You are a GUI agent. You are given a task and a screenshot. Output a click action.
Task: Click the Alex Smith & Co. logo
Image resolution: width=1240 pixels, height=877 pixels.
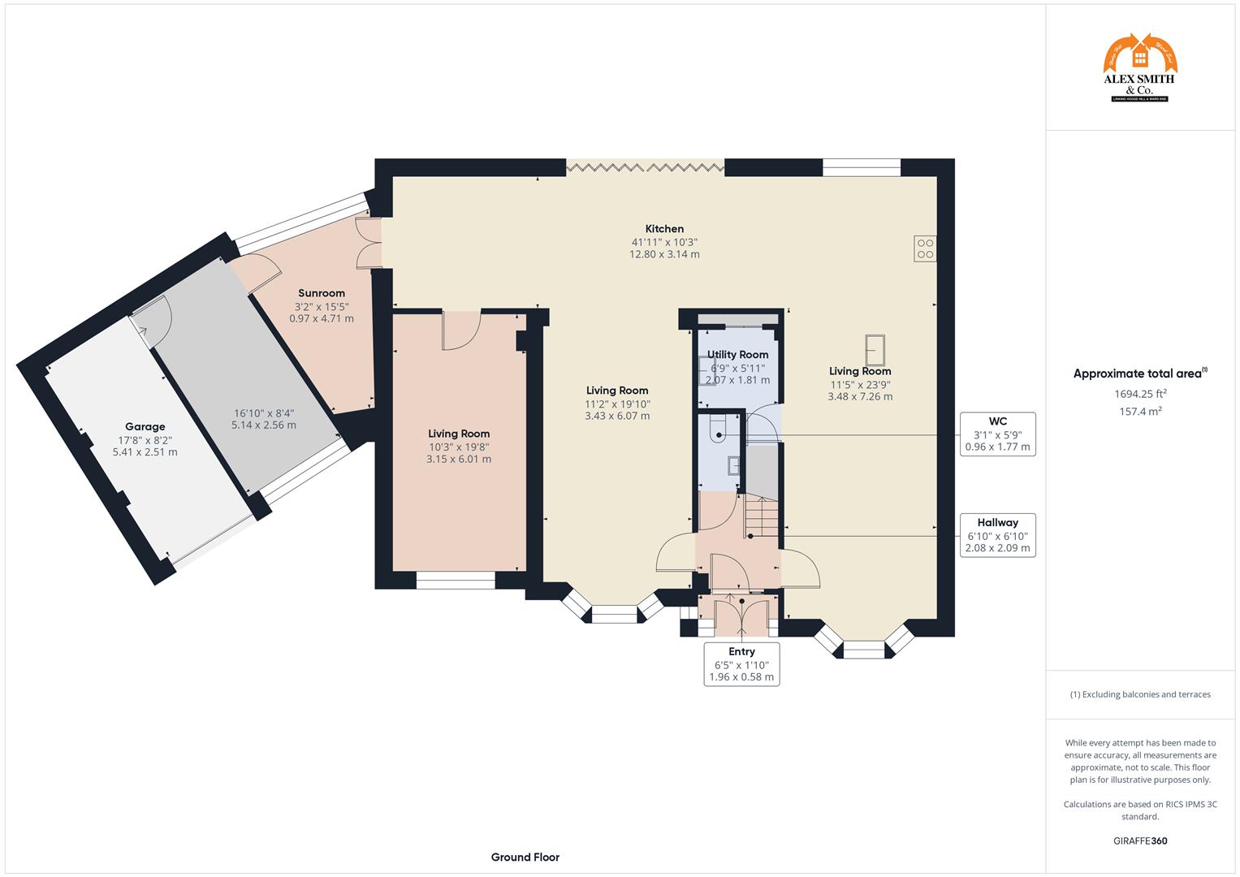(1139, 68)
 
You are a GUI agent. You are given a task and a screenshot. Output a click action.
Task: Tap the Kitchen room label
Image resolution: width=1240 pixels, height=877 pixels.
(664, 229)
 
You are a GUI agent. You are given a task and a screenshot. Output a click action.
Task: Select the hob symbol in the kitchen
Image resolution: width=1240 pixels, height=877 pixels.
(925, 248)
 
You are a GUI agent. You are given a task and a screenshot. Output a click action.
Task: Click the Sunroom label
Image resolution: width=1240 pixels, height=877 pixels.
(322, 293)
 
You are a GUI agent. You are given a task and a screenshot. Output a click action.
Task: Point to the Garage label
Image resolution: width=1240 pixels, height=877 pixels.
(145, 426)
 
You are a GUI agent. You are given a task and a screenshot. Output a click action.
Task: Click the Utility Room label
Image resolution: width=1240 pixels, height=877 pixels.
(737, 355)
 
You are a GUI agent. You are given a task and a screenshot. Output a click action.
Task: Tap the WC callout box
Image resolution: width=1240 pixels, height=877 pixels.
(997, 434)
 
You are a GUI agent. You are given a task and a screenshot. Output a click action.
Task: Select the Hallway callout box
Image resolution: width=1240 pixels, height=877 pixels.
(997, 535)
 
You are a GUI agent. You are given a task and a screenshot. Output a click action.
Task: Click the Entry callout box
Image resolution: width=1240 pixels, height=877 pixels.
(741, 663)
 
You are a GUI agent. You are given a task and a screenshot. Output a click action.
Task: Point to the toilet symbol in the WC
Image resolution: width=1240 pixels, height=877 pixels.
(718, 430)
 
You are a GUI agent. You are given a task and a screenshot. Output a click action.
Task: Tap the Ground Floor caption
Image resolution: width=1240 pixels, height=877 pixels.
(525, 857)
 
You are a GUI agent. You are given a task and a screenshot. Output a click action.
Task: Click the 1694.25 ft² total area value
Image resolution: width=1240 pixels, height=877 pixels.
(1140, 394)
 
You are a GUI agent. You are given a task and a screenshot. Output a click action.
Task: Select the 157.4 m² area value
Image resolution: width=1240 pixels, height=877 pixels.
(1140, 412)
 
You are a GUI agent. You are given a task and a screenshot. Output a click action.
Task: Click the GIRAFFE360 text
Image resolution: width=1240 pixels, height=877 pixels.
(1140, 841)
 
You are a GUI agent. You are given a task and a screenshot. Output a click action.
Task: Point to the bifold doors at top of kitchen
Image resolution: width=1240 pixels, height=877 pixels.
(645, 167)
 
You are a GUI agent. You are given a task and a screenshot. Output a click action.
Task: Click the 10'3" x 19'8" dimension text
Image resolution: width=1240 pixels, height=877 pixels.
(459, 447)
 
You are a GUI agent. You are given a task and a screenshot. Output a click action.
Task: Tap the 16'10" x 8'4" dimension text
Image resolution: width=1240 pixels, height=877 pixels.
(263, 413)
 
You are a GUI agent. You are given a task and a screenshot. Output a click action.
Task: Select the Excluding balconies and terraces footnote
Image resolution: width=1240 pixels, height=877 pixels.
(1140, 694)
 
